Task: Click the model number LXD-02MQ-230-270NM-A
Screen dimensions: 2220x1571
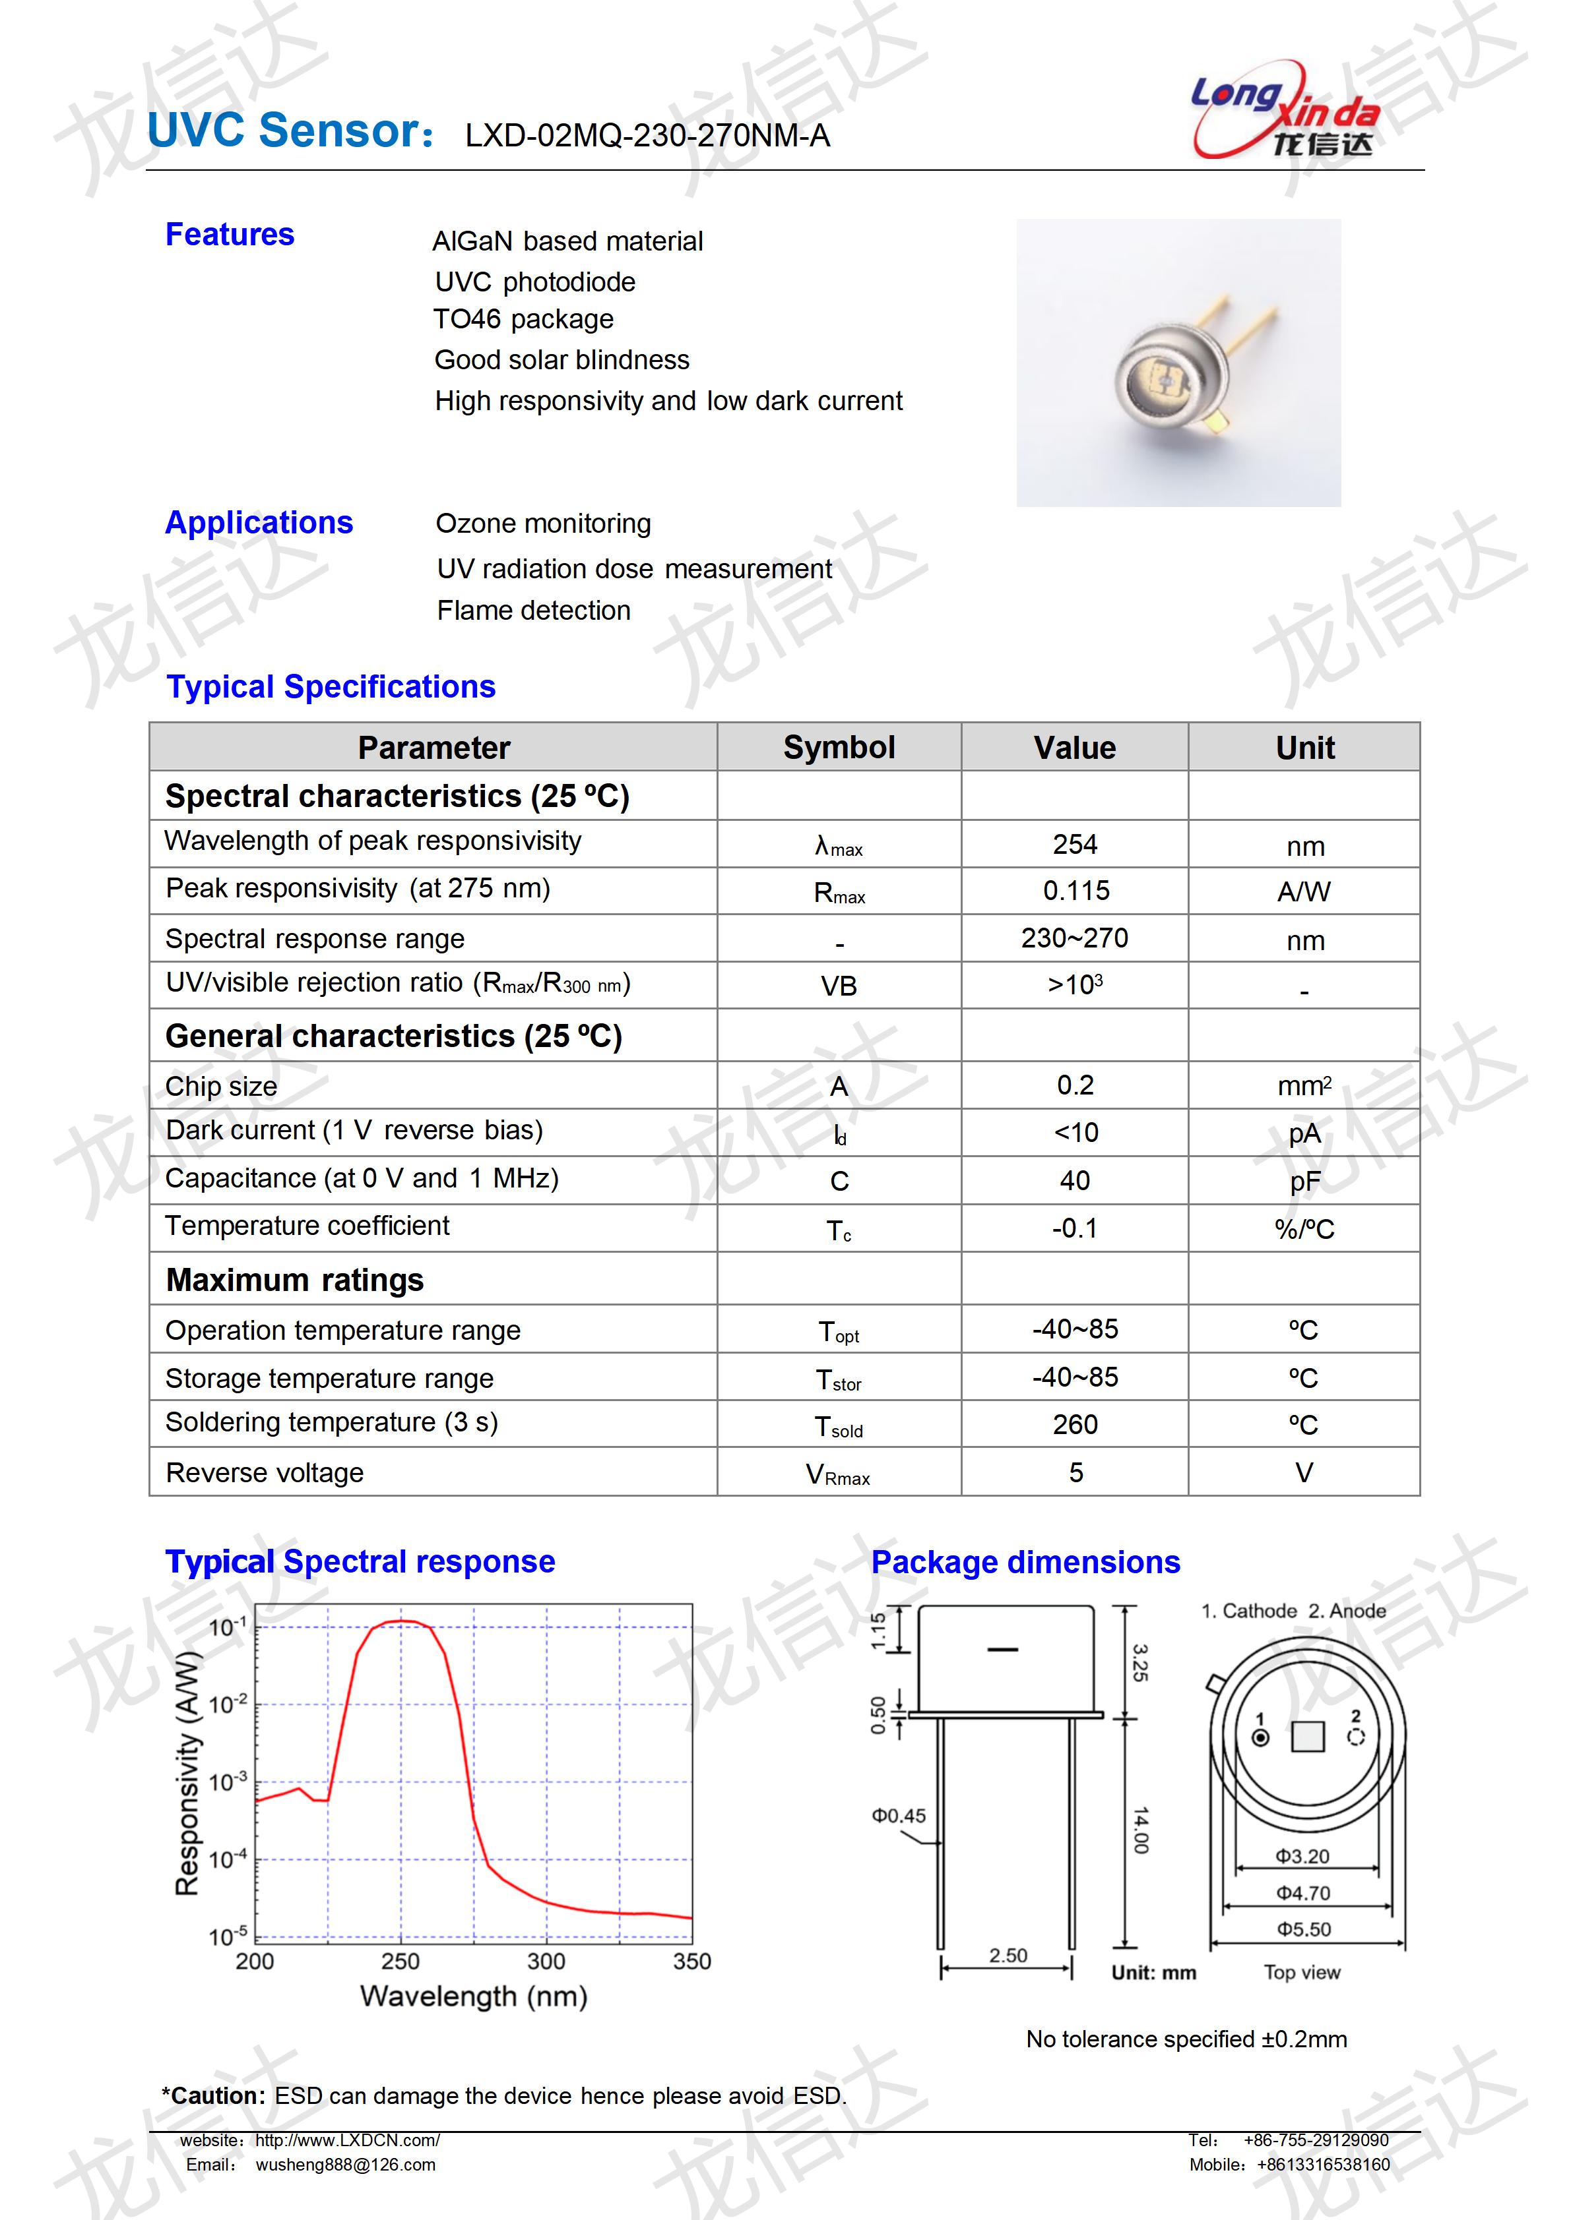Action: coord(647,135)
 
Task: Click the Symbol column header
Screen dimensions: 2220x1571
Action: coord(838,748)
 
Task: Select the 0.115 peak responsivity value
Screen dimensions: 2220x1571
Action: coord(1075,891)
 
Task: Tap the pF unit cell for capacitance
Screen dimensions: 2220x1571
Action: coord(1304,1182)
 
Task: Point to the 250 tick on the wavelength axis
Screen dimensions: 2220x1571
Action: coord(400,1961)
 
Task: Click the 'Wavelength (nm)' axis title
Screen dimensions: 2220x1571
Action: coord(473,1996)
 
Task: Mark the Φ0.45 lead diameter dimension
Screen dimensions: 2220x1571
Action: coord(898,1816)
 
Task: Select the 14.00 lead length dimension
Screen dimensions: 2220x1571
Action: coord(1141,1830)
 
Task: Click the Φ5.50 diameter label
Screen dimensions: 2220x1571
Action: coord(1303,1930)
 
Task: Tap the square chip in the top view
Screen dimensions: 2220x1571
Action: coord(1307,1737)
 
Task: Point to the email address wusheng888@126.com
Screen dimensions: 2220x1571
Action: coord(345,2165)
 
